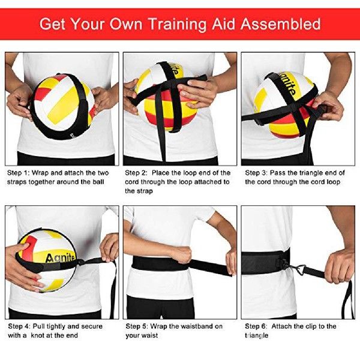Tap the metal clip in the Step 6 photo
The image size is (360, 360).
300,271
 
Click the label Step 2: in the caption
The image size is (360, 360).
137,172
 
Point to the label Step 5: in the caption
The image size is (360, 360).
137,326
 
